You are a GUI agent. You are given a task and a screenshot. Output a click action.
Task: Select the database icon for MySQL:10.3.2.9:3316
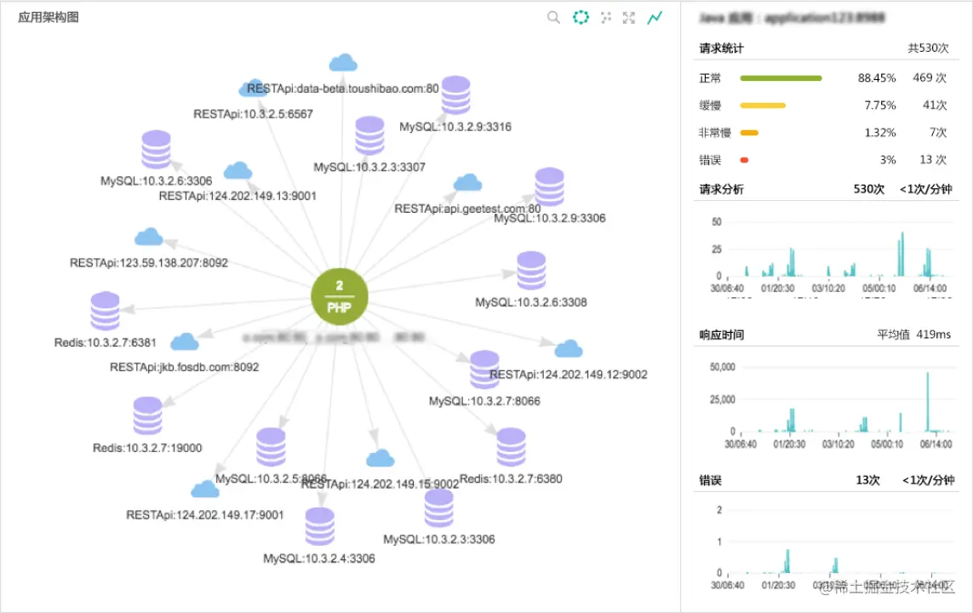pos(455,95)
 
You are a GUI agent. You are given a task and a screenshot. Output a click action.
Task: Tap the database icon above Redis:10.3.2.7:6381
pos(105,311)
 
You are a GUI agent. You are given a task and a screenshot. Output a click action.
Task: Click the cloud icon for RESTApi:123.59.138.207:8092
pos(149,237)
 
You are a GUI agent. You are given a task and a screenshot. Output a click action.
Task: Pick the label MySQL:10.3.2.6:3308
pos(530,302)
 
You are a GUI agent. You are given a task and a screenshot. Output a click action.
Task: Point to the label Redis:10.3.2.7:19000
pos(147,448)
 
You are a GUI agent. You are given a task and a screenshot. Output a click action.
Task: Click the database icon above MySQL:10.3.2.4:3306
pos(319,526)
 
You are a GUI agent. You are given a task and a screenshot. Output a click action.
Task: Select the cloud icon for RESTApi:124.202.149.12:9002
pos(568,349)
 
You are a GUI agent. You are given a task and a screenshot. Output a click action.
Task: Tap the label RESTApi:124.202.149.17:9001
pos(205,515)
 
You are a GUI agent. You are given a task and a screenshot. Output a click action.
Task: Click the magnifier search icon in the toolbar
pos(553,17)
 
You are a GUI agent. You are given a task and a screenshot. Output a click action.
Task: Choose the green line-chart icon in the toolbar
pos(655,17)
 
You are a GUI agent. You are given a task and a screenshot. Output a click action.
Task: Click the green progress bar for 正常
pos(781,78)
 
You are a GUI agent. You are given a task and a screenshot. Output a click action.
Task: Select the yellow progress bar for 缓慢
pos(763,106)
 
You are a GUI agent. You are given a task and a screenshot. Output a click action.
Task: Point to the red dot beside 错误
pos(744,160)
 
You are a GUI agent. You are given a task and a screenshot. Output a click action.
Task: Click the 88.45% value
pos(877,78)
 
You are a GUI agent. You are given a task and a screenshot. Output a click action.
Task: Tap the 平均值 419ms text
pos(913,335)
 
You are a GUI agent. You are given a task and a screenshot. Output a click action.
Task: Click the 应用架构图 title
pos(49,17)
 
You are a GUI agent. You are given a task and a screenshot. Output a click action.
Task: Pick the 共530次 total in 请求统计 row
pos(928,49)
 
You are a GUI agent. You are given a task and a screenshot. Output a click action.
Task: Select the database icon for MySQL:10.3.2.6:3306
pos(156,150)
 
